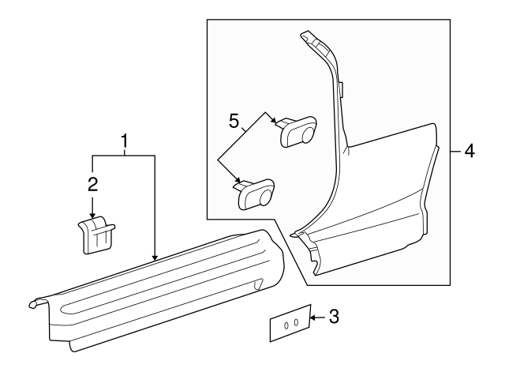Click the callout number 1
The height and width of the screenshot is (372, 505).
124,142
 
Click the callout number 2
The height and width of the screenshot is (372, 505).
93,185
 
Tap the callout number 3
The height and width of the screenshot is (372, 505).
334,318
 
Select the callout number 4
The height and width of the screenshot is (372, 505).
469,151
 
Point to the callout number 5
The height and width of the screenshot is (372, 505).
233,122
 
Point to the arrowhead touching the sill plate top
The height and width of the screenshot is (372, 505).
155,257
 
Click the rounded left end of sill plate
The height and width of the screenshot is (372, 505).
36,302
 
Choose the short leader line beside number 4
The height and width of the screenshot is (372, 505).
455,151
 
